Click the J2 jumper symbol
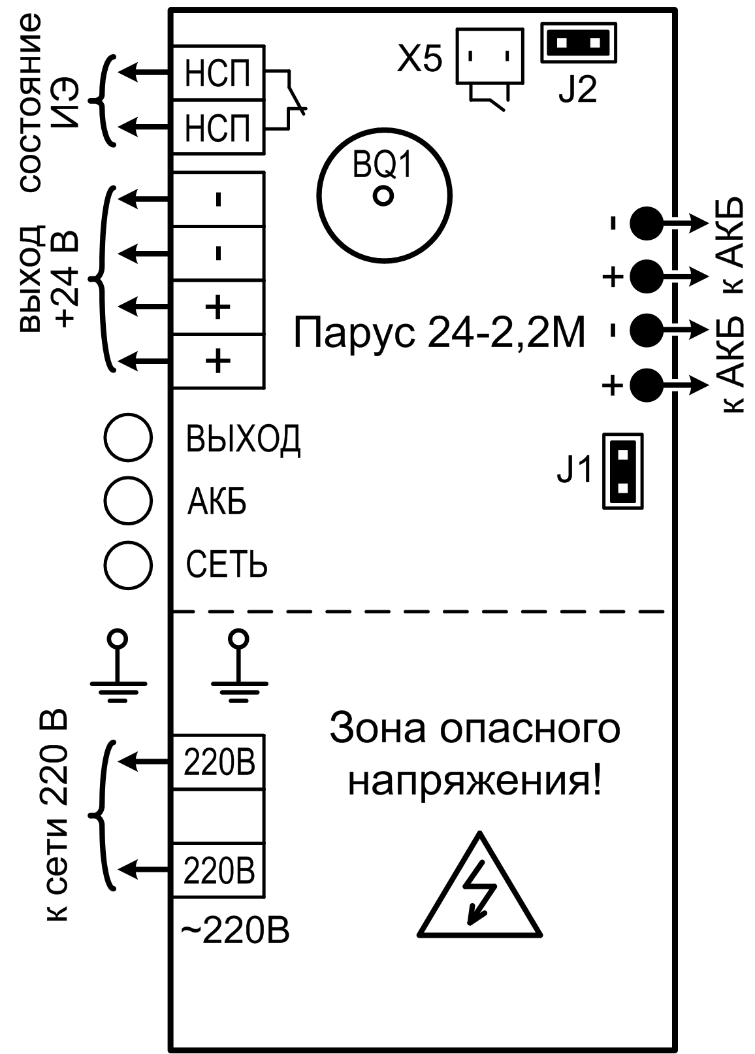point(579,44)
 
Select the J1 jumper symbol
point(622,470)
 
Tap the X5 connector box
point(490,56)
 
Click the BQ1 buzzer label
point(383,167)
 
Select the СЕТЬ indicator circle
point(129,565)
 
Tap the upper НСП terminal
point(218,73)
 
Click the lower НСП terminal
point(218,127)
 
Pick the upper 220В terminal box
point(218,762)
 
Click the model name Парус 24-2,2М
point(439,333)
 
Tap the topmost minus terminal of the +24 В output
point(218,199)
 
